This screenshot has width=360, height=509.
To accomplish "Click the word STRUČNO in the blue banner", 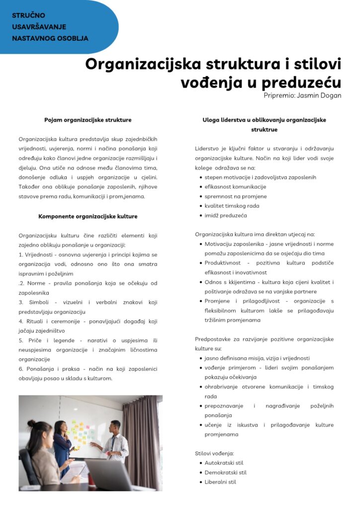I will click(28, 15).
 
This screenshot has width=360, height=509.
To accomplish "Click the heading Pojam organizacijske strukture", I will click(88, 120).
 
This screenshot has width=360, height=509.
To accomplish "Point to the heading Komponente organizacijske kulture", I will click(88, 216).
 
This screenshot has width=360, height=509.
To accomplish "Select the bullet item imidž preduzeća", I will click(226, 215).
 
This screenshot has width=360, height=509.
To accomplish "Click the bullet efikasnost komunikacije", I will click(235, 186).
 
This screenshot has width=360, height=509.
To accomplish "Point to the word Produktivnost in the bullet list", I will click(225, 263).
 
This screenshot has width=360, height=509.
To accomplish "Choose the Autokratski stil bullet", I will click(224, 463).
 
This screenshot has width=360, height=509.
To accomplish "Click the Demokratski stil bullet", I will click(225, 472).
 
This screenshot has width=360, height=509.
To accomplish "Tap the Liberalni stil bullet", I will click(220, 482).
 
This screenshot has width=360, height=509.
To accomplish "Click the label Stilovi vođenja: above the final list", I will click(214, 453).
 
